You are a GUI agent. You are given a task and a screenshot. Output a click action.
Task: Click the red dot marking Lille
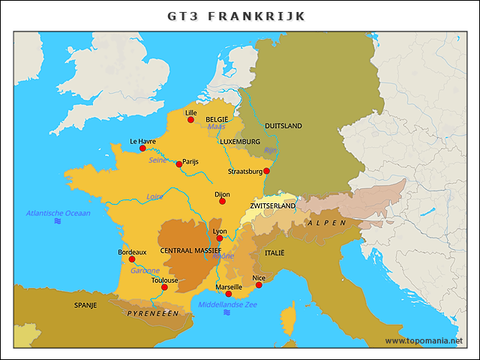point(190,120)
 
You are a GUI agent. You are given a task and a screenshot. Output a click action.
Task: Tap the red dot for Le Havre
point(142,148)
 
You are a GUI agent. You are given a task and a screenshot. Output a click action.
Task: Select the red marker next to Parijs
point(178,163)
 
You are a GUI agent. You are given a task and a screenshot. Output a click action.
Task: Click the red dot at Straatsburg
point(266,170)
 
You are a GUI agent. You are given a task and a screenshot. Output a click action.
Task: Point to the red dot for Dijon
point(222,201)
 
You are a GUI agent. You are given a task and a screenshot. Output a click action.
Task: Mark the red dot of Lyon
point(220,238)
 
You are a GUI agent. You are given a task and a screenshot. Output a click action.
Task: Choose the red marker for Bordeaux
point(132,259)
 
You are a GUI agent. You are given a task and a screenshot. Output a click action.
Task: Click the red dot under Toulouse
point(164,287)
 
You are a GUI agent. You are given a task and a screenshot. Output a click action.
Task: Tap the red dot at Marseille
point(229,294)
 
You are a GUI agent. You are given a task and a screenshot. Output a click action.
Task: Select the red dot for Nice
point(259,285)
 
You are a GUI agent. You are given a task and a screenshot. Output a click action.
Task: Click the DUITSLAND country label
point(283,126)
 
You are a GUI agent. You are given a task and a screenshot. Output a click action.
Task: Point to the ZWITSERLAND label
point(273,205)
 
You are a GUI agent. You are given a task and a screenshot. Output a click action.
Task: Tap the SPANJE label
point(85,305)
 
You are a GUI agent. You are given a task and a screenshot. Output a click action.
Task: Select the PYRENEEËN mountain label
point(153,313)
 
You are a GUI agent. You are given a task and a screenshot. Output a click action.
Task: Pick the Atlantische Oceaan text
point(58,213)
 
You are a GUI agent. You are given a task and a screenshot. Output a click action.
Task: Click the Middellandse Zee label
point(227,304)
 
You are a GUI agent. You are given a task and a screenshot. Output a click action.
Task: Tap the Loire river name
point(154,196)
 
